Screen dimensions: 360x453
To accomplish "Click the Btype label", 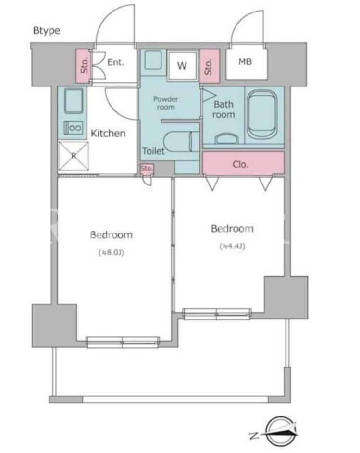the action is pyautogui.click(x=47, y=31).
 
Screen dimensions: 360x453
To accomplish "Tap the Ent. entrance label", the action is pyautogui.click(x=116, y=62).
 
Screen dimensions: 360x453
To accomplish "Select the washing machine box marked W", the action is pyautogui.click(x=182, y=66).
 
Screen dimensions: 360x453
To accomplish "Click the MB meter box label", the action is pyautogui.click(x=245, y=61).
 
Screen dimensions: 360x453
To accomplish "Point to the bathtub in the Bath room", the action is pyautogui.click(x=262, y=115).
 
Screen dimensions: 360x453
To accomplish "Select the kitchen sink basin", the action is pyautogui.click(x=74, y=101).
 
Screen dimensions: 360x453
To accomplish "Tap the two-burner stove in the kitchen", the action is pyautogui.click(x=73, y=128).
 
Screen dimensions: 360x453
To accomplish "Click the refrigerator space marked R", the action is pyautogui.click(x=74, y=156).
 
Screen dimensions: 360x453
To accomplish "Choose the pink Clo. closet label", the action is pyautogui.click(x=241, y=165).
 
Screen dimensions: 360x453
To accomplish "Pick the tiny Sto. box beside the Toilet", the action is pyautogui.click(x=147, y=169).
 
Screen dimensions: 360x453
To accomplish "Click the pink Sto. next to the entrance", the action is pyautogui.click(x=84, y=66).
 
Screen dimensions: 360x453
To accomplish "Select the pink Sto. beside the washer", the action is pyautogui.click(x=210, y=66).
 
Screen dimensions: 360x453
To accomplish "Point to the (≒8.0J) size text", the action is pyautogui.click(x=112, y=253).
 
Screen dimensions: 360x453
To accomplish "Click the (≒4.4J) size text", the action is pyautogui.click(x=233, y=246).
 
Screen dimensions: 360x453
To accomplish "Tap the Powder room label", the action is pyautogui.click(x=166, y=103).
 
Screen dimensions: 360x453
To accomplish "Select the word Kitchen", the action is pyautogui.click(x=108, y=133).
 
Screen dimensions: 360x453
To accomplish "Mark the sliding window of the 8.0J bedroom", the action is pyautogui.click(x=123, y=343).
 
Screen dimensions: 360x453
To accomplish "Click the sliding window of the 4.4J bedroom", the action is pyautogui.click(x=217, y=314).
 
